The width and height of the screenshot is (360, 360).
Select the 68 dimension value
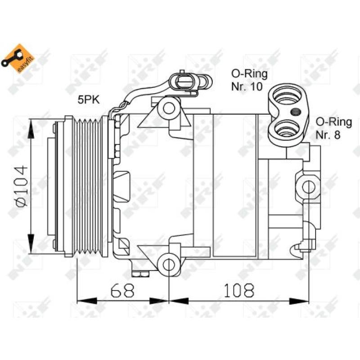tap(123, 290)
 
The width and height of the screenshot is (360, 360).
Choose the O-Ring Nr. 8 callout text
tap(333, 127)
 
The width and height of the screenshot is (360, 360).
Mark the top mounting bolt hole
tap(169, 108)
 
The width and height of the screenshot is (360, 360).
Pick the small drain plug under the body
tap(140, 273)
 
